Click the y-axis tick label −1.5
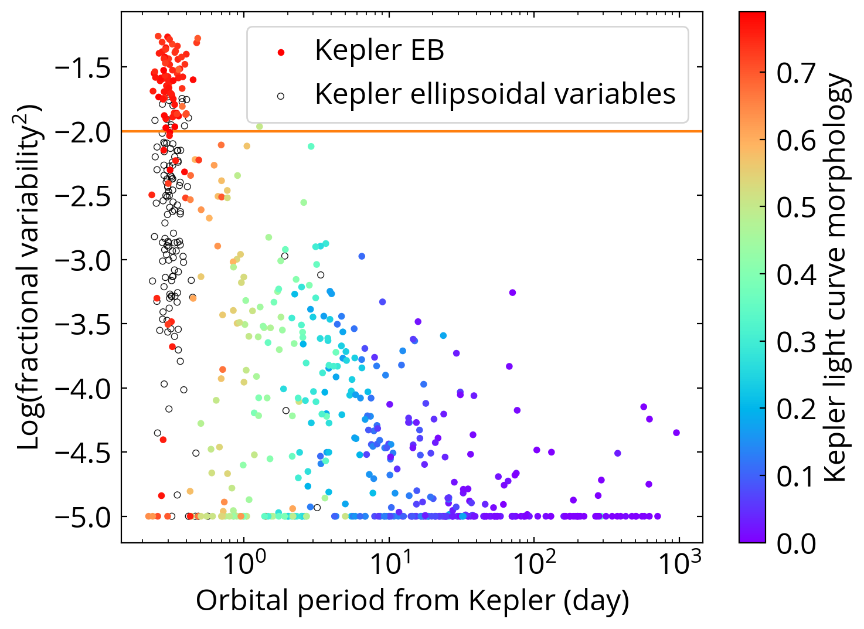coord(83,68)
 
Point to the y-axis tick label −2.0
coord(83,132)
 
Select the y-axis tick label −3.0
coord(83,260)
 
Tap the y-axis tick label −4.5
coord(83,453)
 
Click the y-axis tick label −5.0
coord(83,517)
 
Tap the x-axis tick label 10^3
coord(679,564)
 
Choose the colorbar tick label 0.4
coord(796,275)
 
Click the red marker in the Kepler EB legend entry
coord(281,52)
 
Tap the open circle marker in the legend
coord(281,96)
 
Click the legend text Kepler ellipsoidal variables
coord(495,94)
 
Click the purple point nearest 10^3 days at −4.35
coord(676,433)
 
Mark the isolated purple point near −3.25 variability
coord(512,293)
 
